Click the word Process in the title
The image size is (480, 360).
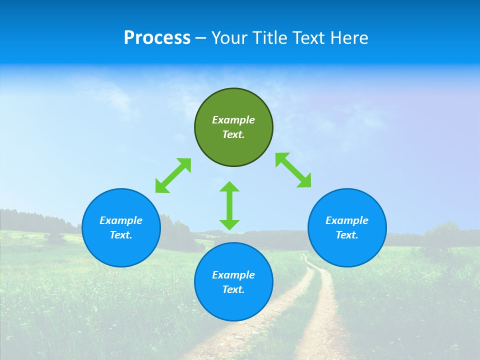157,38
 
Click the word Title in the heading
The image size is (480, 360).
268,38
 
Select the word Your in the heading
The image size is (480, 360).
230,38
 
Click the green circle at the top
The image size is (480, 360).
233,145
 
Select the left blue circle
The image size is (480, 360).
121,250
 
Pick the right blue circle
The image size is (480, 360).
347,250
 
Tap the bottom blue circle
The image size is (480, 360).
233,305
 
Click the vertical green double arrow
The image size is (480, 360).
229,205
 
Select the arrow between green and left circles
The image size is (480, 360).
173,175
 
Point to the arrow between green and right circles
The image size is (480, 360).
293,170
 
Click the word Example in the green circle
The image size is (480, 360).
233,120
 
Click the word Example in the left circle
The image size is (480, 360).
121,220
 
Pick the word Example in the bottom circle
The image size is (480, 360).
233,275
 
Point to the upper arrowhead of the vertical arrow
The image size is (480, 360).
229,187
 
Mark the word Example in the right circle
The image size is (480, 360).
347,220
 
